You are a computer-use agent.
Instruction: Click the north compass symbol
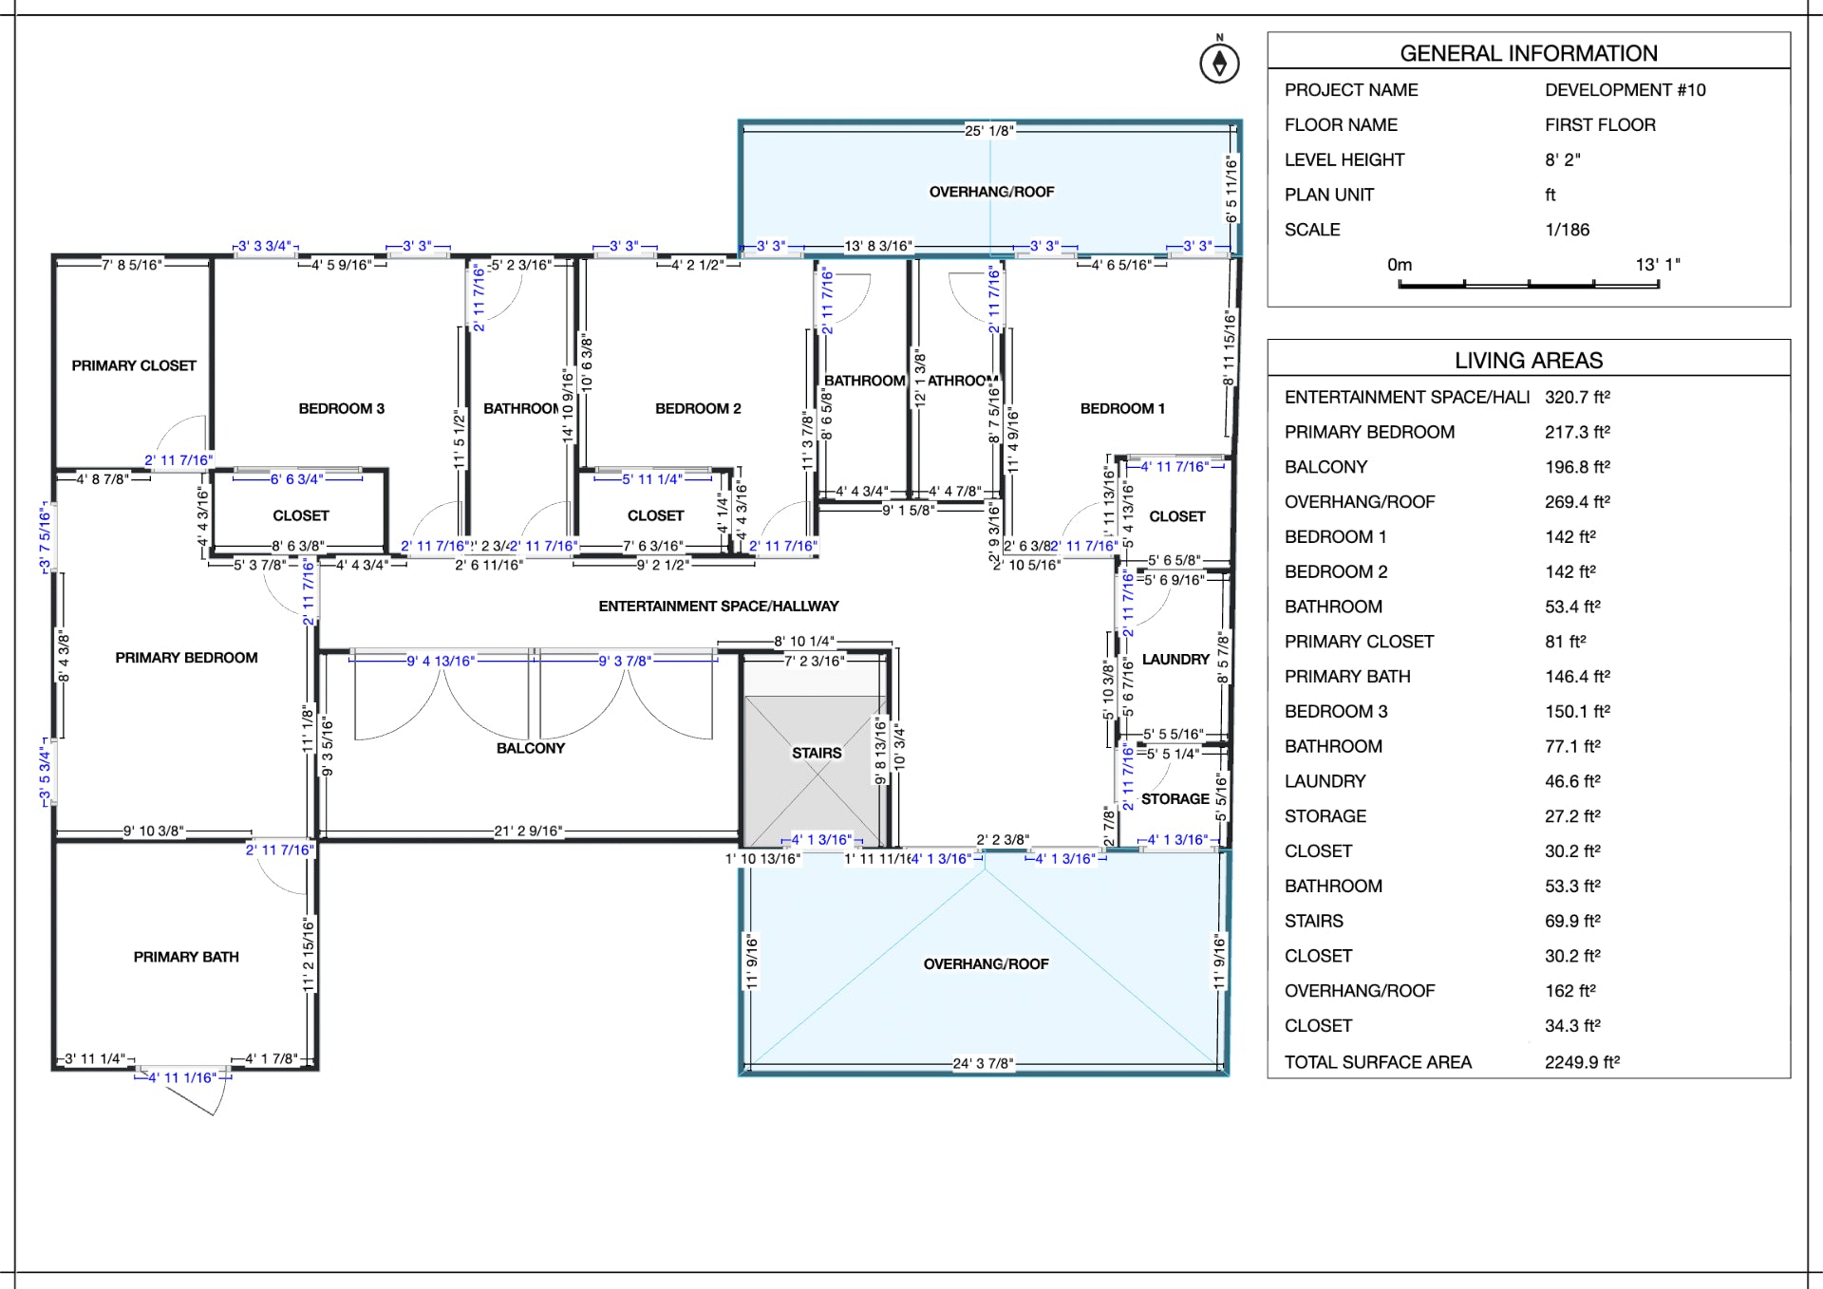(1219, 63)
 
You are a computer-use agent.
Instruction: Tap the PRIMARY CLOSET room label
(134, 365)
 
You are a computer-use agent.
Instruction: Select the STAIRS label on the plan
(817, 753)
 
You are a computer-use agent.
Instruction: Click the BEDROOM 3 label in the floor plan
(341, 408)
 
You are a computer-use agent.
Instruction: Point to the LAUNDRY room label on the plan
(1175, 659)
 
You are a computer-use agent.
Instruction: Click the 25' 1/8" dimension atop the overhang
(988, 131)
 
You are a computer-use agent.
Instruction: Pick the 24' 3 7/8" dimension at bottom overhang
(983, 1063)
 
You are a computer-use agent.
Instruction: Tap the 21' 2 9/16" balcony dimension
(528, 831)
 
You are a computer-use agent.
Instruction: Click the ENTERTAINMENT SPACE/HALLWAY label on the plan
(718, 606)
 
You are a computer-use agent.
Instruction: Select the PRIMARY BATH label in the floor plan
(186, 957)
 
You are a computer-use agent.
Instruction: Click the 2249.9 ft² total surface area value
(1582, 1062)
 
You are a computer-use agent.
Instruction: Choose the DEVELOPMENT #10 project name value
(1625, 90)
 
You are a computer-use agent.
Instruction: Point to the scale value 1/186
(1567, 230)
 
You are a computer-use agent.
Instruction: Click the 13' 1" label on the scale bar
(1657, 265)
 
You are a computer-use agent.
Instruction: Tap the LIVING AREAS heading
(1528, 361)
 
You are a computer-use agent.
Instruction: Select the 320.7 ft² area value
(1577, 397)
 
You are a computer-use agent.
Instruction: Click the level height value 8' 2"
(1562, 159)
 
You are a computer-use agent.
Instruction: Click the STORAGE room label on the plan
(1175, 799)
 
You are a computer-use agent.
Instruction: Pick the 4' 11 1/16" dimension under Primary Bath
(182, 1077)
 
